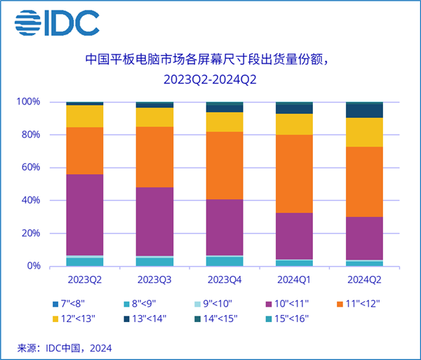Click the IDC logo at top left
[57, 23]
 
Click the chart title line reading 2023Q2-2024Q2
[210, 79]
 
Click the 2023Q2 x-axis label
[84, 279]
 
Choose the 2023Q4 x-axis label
[224, 279]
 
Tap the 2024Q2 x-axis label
[364, 279]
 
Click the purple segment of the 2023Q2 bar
[84, 214]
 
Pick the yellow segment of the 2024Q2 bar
[364, 132]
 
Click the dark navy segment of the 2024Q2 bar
[364, 111]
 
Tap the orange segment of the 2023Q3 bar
[154, 156]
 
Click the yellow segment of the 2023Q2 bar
[84, 116]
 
